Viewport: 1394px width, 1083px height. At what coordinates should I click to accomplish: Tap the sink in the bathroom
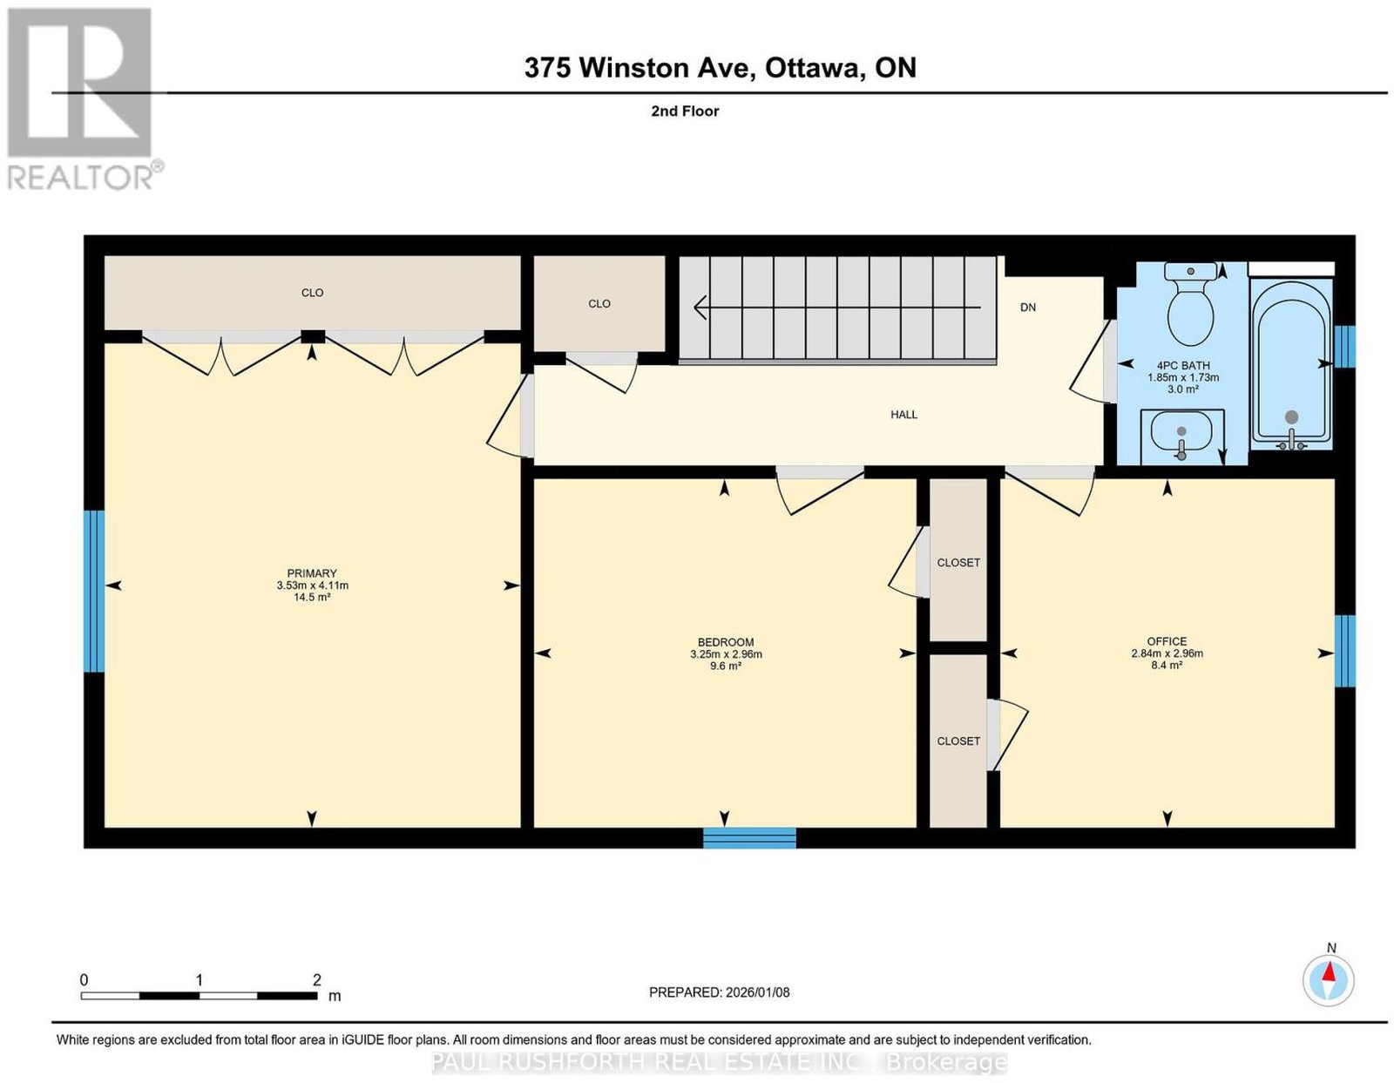point(1181,436)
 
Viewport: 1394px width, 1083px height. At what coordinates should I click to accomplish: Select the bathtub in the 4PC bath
point(1291,366)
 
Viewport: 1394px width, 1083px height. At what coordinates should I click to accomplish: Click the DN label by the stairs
point(1028,308)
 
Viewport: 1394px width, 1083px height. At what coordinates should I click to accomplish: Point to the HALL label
point(903,415)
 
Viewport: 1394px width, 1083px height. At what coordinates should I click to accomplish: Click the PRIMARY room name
point(312,573)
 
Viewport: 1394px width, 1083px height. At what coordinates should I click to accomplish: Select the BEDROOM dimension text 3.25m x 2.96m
point(726,654)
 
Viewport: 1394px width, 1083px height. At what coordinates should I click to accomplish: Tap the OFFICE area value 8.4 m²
point(1167,666)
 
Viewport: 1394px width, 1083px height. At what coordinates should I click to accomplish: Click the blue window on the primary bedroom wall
point(94,592)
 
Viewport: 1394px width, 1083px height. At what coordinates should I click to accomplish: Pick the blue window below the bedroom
point(749,838)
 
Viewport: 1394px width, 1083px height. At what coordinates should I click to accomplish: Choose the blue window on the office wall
point(1345,651)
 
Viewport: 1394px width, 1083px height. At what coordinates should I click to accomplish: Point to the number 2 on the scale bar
point(316,979)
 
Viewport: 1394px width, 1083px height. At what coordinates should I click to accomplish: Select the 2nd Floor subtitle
point(685,111)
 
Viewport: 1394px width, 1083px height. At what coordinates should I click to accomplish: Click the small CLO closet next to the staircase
point(599,304)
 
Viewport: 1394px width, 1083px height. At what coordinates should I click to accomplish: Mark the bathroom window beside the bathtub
point(1345,347)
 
